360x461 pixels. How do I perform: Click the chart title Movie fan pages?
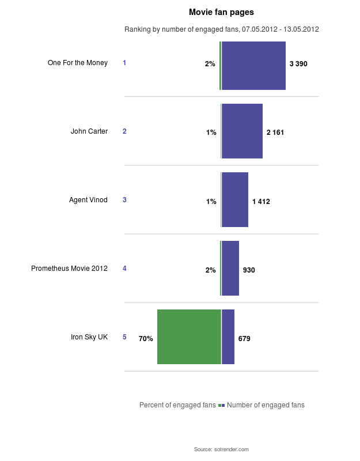pos(221,12)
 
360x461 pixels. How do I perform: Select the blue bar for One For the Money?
pos(253,66)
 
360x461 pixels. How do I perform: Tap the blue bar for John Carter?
pos(242,131)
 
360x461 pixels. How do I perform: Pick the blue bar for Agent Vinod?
pos(235,199)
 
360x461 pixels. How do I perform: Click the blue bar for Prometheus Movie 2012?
pos(230,268)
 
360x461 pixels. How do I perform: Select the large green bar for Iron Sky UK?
pos(189,337)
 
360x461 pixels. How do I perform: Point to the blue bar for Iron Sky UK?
pos(228,337)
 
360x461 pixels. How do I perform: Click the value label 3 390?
pos(298,64)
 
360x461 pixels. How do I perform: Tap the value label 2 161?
pos(275,133)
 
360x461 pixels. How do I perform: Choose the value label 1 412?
pos(261,202)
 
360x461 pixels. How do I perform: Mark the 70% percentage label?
pos(146,339)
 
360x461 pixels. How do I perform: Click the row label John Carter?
pos(89,131)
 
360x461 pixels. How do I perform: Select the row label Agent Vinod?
pos(88,200)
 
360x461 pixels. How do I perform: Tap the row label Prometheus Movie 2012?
pos(69,269)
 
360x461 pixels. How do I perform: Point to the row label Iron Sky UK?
pos(89,337)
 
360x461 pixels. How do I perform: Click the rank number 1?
pos(124,63)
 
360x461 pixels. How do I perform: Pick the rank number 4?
pos(124,269)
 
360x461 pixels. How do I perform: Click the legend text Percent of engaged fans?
pos(177,405)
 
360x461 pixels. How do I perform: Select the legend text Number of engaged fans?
pos(266,405)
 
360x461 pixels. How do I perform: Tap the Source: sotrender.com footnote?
pos(221,449)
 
